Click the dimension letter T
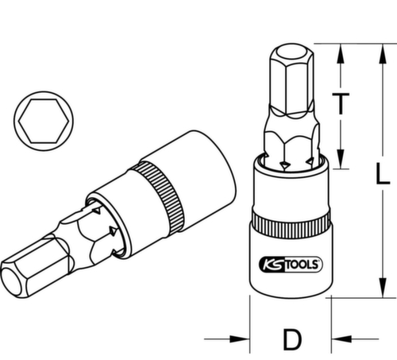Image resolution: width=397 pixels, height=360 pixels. pos(341,104)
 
